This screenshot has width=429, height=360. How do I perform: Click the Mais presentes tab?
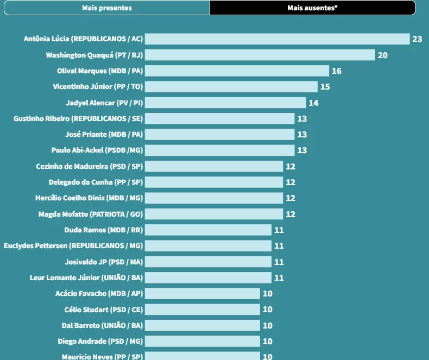point(107,8)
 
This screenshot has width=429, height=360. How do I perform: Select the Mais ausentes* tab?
point(313,8)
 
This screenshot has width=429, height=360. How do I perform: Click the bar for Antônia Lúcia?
point(277,39)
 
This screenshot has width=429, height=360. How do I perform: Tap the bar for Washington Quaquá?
point(260,55)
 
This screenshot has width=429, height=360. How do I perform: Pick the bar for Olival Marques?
point(237,71)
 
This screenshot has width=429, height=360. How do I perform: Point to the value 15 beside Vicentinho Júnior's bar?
point(325,87)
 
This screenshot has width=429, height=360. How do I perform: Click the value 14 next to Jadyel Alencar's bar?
point(313,103)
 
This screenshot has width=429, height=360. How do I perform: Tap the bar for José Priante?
point(219,134)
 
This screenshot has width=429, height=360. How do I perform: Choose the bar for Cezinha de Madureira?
point(214,166)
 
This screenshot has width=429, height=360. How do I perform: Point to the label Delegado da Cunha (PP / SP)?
point(96,182)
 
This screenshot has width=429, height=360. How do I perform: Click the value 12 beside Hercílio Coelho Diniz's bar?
point(291,198)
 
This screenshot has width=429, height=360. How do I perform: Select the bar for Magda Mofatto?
point(214,214)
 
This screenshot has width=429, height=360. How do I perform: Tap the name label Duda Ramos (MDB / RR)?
point(104,230)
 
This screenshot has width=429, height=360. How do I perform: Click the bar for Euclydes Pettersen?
point(208,245)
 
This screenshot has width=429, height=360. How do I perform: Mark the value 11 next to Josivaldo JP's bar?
point(279,262)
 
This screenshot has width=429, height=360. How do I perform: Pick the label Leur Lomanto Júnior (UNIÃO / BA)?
point(86,277)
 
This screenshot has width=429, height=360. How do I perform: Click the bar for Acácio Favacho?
point(203,293)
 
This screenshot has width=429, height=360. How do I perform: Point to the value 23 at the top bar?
point(417,39)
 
